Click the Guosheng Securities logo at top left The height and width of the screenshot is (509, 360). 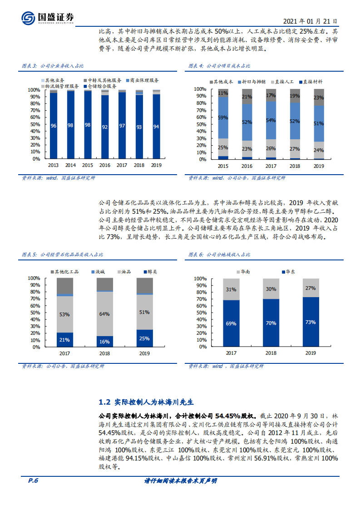tap(47, 18)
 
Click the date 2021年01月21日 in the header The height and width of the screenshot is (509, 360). tap(310, 21)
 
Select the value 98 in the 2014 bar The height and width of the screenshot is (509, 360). tap(70, 125)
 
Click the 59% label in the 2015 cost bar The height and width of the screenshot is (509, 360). tap(223, 117)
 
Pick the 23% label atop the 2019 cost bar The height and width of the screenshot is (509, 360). tap(319, 98)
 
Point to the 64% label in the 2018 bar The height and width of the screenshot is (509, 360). tap(105, 314)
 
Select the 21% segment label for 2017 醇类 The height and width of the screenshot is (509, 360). tap(65, 340)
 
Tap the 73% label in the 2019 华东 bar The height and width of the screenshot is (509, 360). tap(311, 323)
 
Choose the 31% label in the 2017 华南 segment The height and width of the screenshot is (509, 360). tap(231, 289)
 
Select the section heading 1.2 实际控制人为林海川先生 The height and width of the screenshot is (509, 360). tap(146, 402)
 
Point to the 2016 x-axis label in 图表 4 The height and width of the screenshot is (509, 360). tap(247, 166)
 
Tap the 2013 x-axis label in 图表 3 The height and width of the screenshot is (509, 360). tap(53, 166)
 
